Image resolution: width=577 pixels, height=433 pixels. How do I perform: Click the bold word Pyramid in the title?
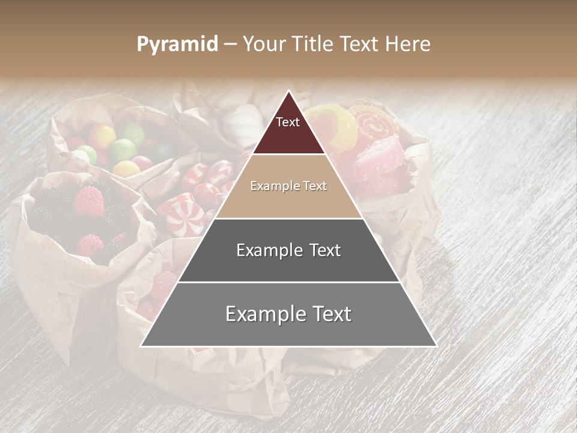pos(177,44)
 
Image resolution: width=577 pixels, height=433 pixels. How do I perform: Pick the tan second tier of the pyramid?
pos(288,186)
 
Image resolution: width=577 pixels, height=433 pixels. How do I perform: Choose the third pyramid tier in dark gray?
pos(288,250)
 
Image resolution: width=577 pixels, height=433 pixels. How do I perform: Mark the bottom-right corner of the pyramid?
pos(436,346)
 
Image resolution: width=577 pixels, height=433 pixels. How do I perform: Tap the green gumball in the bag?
pos(123,149)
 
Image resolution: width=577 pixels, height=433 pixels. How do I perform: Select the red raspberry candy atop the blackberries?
pos(88,202)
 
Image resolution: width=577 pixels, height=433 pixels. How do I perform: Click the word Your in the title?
pos(263,44)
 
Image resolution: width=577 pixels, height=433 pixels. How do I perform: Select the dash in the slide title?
pos(230,44)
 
